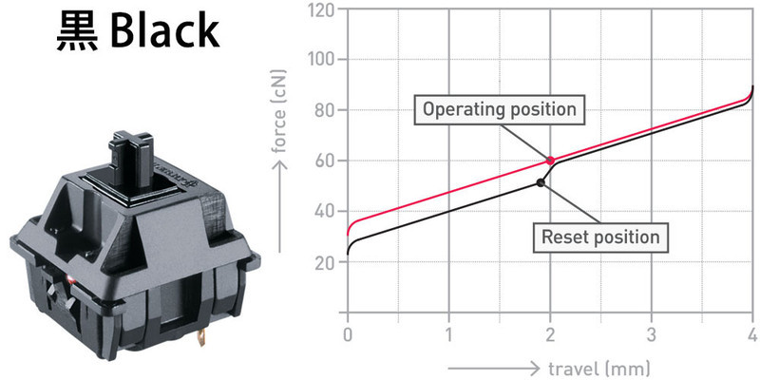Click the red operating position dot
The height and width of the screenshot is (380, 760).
(x=550, y=161)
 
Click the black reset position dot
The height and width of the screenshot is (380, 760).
(x=541, y=182)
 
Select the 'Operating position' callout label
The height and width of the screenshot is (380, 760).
(x=500, y=109)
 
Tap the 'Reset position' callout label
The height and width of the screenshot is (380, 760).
(x=600, y=237)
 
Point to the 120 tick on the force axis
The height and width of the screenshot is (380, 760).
(x=321, y=9)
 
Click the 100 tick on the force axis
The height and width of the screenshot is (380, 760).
(x=322, y=60)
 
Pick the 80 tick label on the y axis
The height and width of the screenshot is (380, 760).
(x=325, y=110)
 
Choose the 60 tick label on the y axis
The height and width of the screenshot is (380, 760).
(x=325, y=161)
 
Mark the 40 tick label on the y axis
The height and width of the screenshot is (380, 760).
(x=325, y=211)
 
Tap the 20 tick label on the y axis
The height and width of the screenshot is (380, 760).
(x=325, y=262)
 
